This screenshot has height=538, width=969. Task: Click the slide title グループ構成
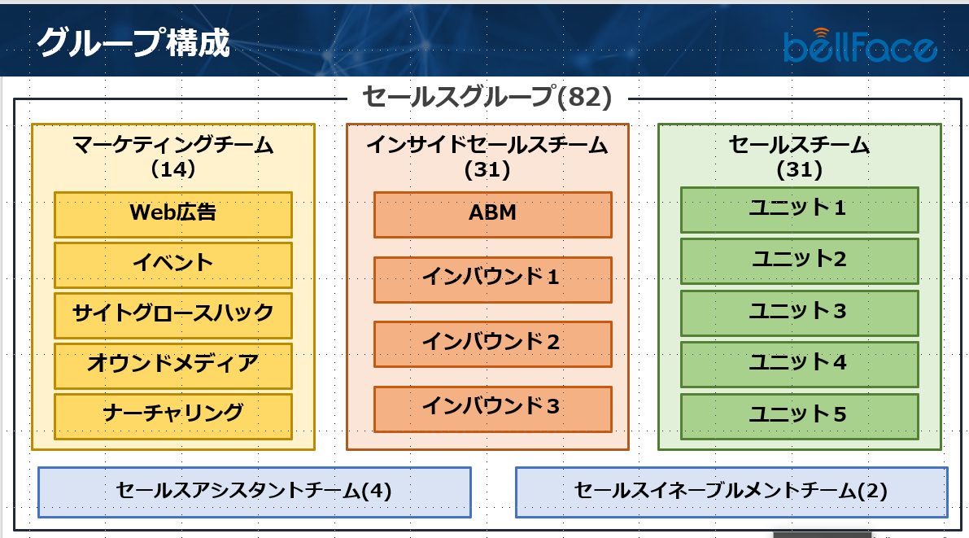tap(133, 42)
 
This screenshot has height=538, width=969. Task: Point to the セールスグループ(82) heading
tap(487, 97)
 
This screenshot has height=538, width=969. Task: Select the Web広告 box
tap(173, 215)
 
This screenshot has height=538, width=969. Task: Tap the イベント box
tap(173, 265)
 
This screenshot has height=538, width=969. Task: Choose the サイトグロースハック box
tap(173, 315)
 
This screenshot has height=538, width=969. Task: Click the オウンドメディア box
tap(173, 366)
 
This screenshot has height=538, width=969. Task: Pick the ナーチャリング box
tap(173, 416)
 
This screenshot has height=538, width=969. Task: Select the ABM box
tap(492, 215)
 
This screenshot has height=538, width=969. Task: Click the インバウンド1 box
tap(492, 279)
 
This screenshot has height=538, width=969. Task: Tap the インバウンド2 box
tap(492, 343)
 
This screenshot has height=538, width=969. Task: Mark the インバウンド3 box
tap(492, 409)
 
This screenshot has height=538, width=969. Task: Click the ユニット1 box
tap(800, 210)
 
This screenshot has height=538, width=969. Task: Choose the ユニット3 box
tap(800, 313)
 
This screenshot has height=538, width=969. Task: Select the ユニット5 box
tap(800, 416)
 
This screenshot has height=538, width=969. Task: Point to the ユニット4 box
tap(800, 365)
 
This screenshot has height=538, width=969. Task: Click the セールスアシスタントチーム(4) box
tap(255, 492)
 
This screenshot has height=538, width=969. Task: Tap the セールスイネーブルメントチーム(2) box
tap(731, 492)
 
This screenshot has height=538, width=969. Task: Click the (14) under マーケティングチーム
tap(173, 168)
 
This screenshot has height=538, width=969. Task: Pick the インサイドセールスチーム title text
tap(487, 145)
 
